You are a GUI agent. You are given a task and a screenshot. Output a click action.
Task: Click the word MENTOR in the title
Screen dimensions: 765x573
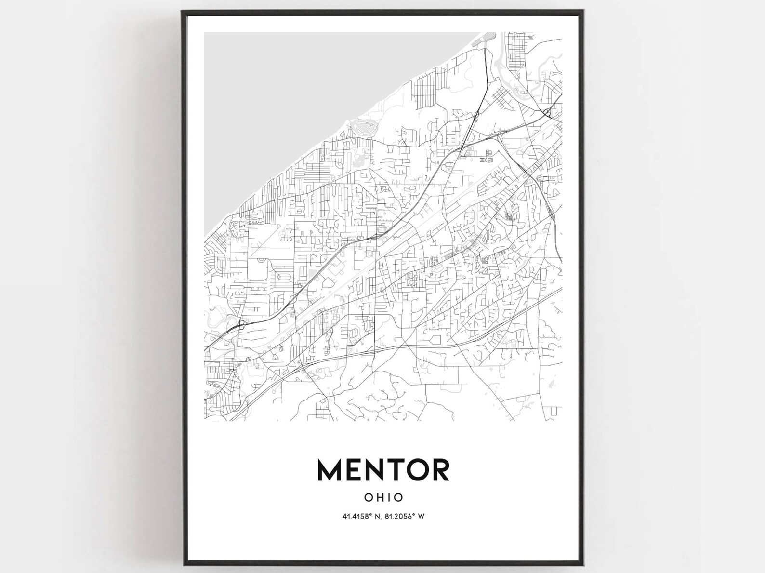pos(383,469)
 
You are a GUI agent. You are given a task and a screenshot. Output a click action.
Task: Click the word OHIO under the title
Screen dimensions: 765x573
pos(383,496)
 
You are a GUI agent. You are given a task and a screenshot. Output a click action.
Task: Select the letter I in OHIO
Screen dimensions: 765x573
pos(389,496)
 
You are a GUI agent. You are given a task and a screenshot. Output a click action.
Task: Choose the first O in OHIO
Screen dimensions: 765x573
pos(369,496)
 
